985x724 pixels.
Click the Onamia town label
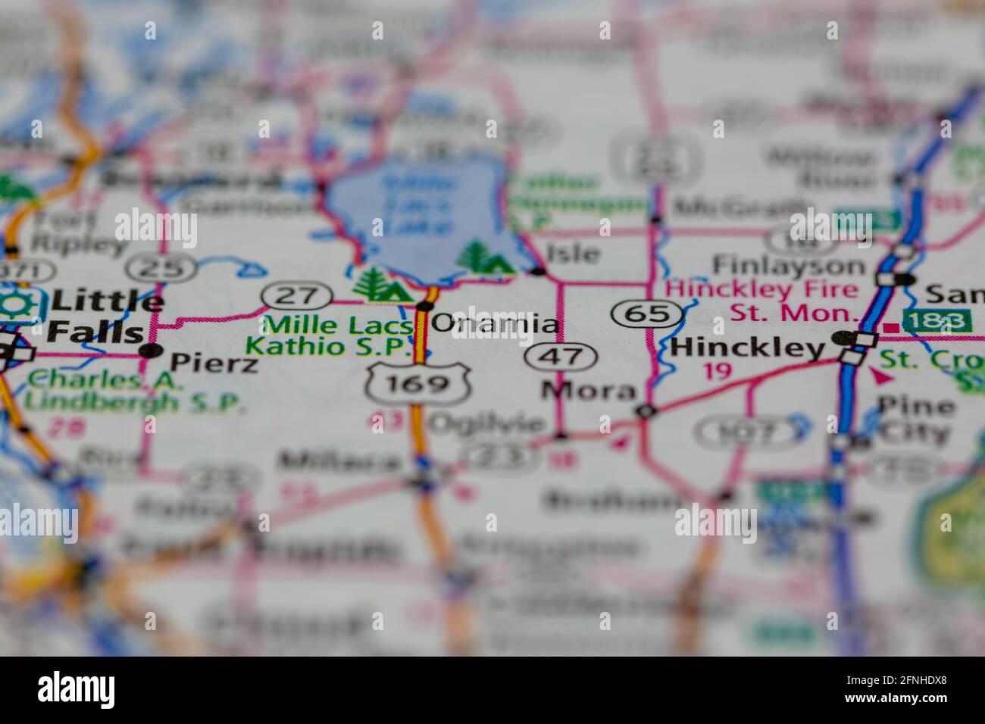click(496, 324)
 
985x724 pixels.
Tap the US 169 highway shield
click(417, 383)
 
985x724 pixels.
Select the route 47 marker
click(562, 356)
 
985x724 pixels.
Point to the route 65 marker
click(643, 312)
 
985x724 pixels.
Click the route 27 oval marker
click(297, 295)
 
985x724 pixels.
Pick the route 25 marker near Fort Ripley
click(161, 267)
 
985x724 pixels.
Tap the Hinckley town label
click(747, 348)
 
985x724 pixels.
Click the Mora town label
click(588, 391)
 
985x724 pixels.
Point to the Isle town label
click(574, 254)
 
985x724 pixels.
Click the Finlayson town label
click(788, 265)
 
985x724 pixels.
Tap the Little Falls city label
click(98, 317)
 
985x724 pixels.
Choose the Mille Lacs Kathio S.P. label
click(330, 335)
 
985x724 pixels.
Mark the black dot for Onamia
click(424, 306)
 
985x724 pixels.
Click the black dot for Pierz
click(152, 350)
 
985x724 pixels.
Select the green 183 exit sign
click(937, 320)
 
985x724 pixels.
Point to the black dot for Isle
click(538, 270)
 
